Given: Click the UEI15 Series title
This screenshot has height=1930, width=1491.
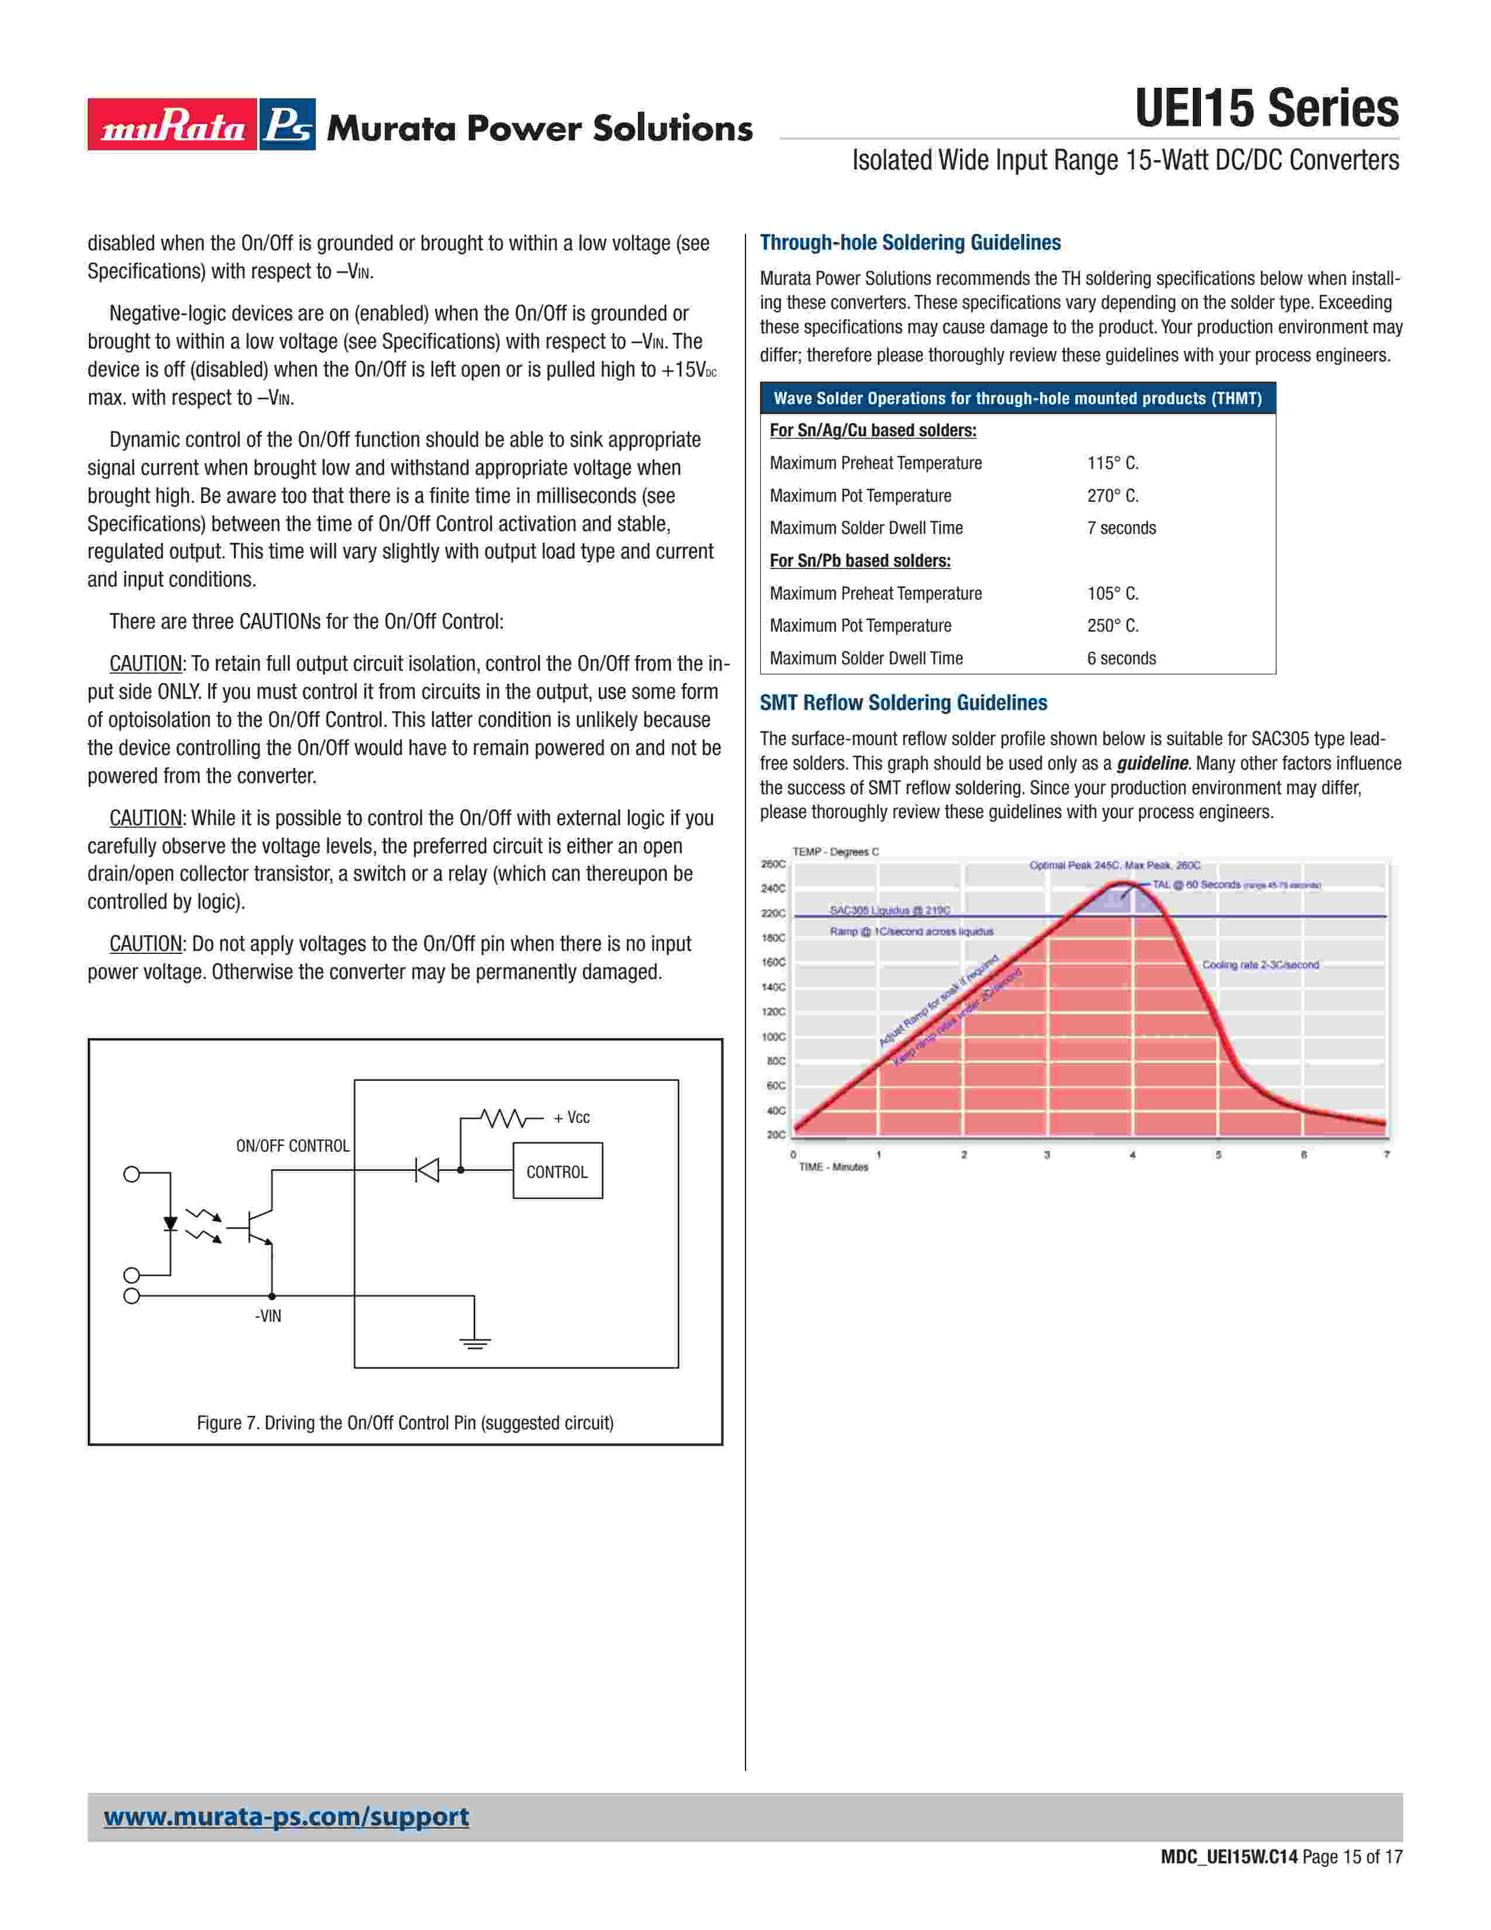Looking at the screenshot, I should [1266, 109].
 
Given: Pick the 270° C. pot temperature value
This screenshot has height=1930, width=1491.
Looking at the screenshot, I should [1112, 496].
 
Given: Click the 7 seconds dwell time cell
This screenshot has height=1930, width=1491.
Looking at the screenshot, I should [1121, 529].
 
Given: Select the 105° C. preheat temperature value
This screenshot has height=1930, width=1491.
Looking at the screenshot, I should [1112, 594].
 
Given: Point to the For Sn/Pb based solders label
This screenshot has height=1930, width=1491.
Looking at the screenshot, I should [860, 561].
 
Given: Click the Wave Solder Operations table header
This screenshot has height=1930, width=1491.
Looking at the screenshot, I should [1017, 398].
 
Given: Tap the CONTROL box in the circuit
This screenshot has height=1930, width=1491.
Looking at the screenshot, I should [557, 1172].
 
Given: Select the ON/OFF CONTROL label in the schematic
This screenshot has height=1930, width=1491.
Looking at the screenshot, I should [292, 1146].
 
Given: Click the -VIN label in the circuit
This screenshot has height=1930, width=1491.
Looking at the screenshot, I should [268, 1316].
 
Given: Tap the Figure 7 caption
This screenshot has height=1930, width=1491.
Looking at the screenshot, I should [405, 1423].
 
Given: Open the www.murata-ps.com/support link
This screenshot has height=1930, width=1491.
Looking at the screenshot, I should [286, 1817].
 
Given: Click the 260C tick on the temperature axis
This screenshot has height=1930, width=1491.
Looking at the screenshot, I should [773, 864].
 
